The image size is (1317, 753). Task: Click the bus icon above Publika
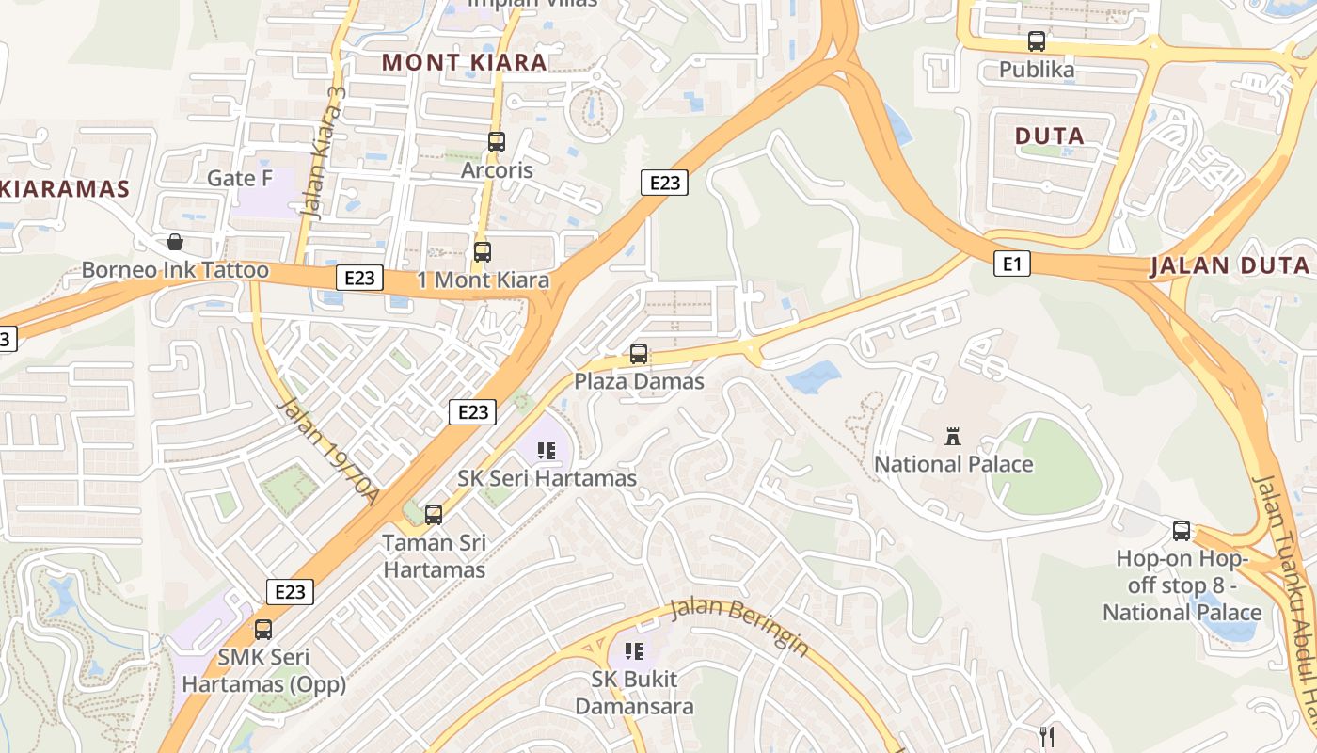click(1036, 41)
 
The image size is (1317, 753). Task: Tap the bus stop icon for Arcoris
click(497, 142)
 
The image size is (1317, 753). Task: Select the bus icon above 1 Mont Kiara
click(483, 252)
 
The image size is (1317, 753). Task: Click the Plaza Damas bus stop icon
click(639, 354)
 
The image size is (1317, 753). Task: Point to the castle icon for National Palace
click(953, 436)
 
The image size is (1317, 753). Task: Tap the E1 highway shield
click(1012, 264)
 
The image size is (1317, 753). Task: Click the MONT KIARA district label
click(464, 63)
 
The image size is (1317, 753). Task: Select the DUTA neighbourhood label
click(1050, 136)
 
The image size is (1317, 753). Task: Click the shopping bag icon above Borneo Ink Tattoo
click(174, 242)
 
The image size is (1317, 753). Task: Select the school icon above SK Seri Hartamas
click(547, 451)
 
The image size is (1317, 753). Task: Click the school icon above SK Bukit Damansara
click(634, 650)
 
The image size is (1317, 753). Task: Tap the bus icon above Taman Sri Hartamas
click(434, 515)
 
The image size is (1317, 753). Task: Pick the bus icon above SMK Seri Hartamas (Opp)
click(263, 629)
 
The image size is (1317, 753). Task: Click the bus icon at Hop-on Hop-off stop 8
click(1182, 531)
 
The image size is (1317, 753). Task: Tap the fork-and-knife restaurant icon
click(1046, 735)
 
